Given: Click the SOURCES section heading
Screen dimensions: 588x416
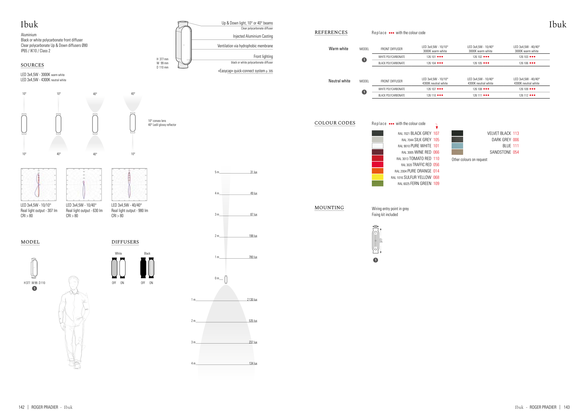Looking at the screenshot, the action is point(32,65).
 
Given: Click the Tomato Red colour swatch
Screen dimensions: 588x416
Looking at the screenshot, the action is point(377,158).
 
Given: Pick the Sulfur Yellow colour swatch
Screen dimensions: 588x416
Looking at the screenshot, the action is point(377,177).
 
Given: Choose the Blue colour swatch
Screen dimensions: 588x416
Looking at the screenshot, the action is point(457,146).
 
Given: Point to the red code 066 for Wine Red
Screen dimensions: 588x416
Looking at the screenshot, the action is point(436,152).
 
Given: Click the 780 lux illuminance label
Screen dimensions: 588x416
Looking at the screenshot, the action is point(253,257).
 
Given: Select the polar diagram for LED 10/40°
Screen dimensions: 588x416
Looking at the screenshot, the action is point(84,184).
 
